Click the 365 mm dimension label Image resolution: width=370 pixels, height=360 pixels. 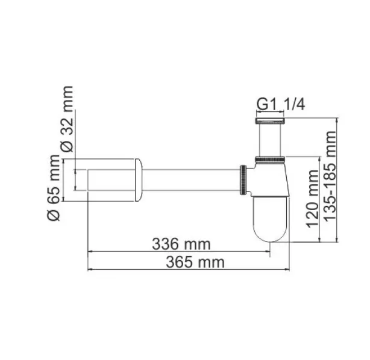(189, 262)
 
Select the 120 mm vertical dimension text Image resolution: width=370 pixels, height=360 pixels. (312, 199)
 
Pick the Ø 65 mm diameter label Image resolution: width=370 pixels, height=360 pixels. (54, 187)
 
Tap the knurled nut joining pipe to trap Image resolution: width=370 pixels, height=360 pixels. (243, 179)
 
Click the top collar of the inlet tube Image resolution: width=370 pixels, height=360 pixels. (270, 120)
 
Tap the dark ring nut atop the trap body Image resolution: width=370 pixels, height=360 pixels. (270, 159)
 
